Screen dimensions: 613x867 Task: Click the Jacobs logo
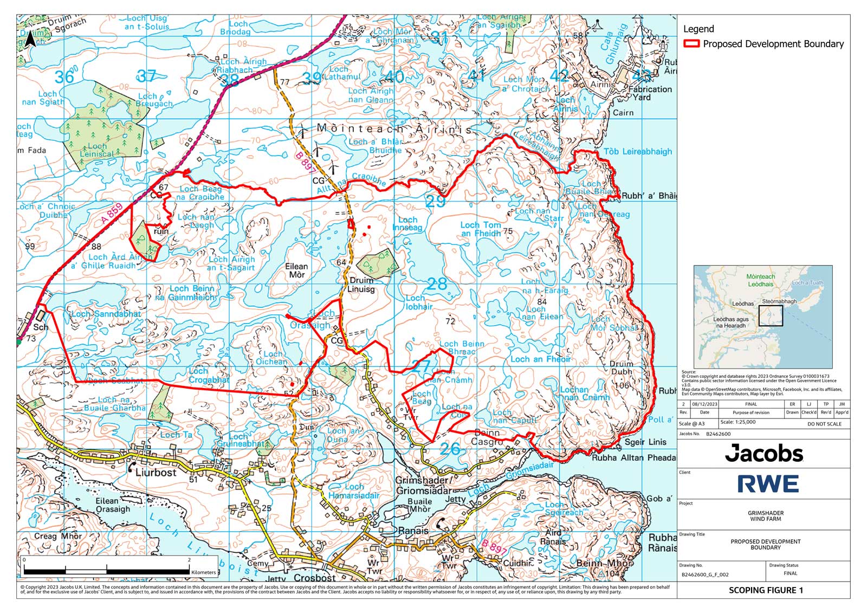point(764,453)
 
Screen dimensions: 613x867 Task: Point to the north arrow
point(30,40)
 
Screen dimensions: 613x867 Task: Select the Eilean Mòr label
point(296,270)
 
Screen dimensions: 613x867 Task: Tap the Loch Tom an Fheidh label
point(481,229)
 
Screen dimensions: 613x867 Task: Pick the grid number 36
point(64,77)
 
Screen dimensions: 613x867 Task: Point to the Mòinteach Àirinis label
point(394,129)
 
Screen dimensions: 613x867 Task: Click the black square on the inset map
point(771,315)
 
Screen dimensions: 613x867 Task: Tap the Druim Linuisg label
point(361,285)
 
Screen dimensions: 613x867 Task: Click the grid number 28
point(437,283)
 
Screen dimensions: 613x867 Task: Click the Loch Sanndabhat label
point(106,314)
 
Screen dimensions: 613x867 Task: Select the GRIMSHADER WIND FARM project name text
point(765,516)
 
